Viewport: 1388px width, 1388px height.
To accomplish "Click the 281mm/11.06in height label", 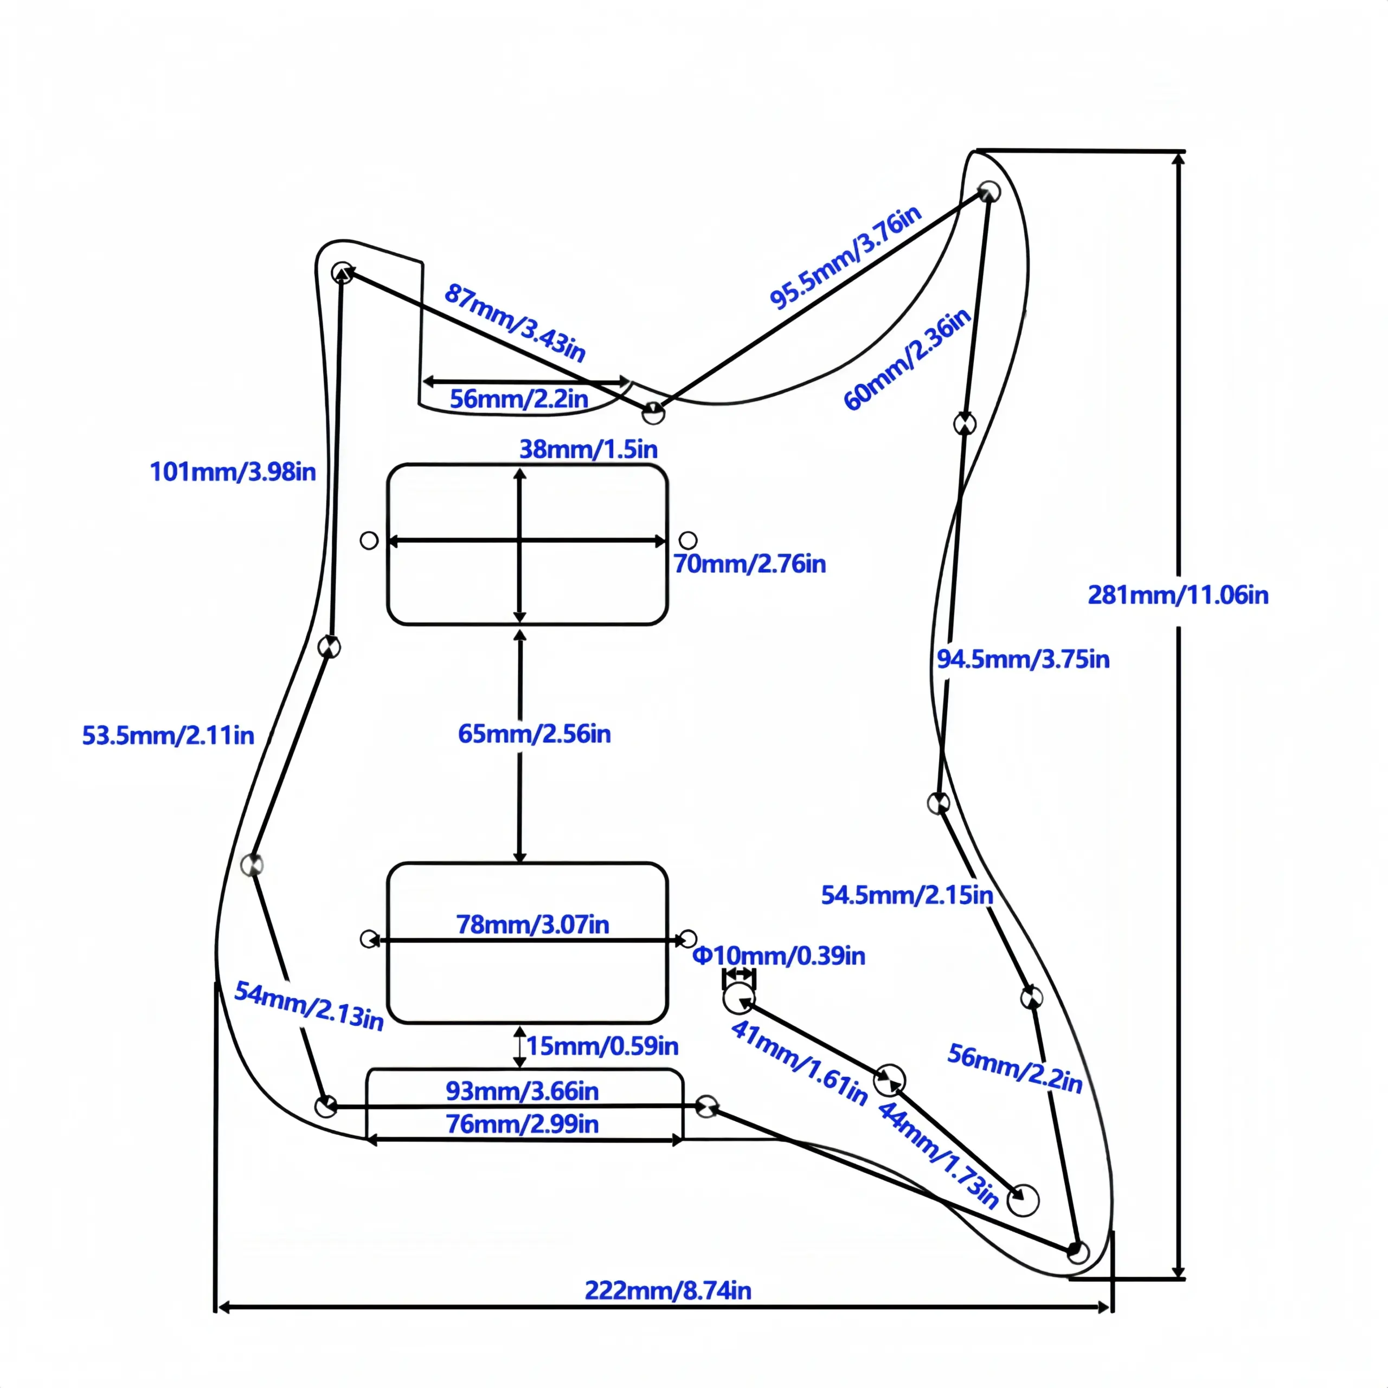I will tap(1178, 595).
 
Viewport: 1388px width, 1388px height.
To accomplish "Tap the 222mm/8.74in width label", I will tap(667, 1290).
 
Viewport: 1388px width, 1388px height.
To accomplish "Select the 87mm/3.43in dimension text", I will tap(515, 323).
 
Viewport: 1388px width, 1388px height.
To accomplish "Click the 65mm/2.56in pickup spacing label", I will tap(535, 734).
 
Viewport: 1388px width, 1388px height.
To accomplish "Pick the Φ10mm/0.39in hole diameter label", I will tap(779, 955).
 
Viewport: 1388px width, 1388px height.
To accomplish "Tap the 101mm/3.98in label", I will tap(233, 471).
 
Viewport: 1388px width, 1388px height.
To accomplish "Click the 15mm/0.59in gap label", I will tap(602, 1045).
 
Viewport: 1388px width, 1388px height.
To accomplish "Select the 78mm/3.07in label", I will tap(532, 924).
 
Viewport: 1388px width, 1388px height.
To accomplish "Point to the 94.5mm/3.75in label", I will tap(1023, 659).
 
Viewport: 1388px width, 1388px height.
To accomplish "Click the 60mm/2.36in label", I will tap(907, 360).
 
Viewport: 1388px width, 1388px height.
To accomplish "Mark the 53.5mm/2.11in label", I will tap(168, 735).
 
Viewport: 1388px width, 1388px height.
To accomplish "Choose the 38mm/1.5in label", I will tap(588, 449).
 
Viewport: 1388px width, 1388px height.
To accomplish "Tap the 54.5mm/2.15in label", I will tap(907, 895).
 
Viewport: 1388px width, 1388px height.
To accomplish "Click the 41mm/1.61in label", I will tap(799, 1062).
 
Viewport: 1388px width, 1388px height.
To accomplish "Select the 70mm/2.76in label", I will tap(749, 564).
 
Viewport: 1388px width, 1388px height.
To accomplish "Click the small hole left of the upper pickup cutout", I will tap(369, 540).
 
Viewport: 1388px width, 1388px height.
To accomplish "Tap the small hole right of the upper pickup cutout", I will tap(687, 540).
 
